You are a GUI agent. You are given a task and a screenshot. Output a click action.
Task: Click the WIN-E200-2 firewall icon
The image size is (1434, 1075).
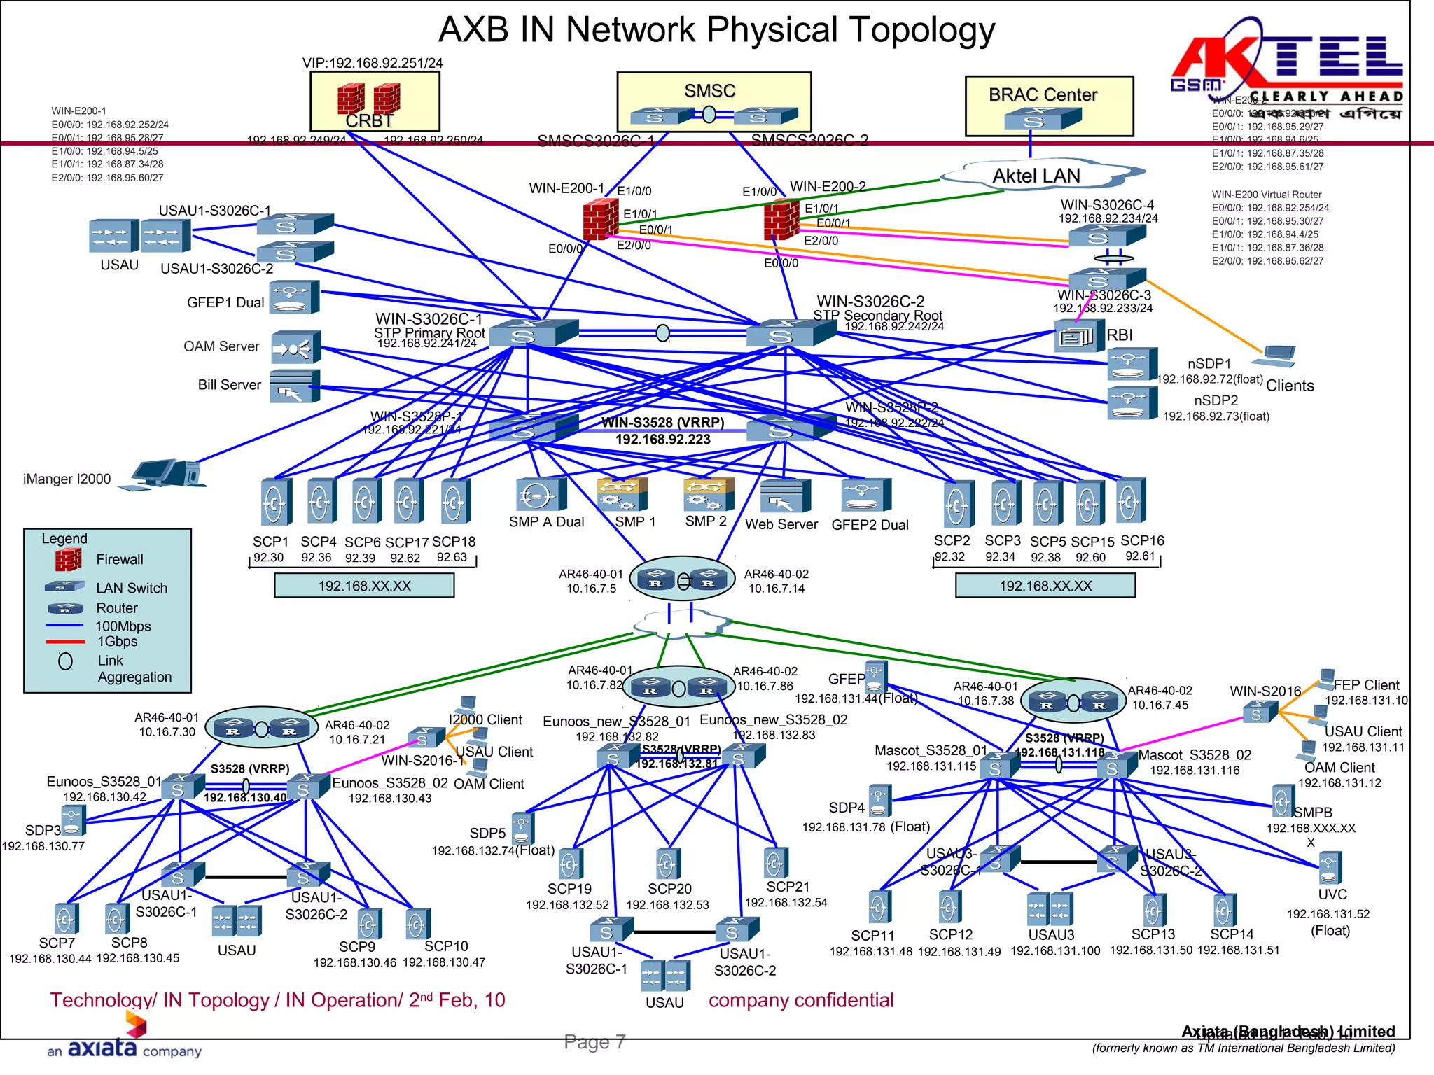(x=781, y=218)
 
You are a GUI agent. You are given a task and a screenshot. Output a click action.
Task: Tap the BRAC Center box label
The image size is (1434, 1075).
(x=1043, y=95)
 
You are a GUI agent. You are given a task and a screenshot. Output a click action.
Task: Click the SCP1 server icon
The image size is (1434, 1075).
(x=275, y=501)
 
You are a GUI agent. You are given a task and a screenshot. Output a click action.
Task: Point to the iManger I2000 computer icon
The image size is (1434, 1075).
(x=165, y=474)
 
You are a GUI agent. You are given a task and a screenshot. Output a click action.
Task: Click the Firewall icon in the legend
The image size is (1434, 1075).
(x=68, y=560)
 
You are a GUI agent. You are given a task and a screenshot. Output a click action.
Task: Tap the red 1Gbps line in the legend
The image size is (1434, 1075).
(x=65, y=642)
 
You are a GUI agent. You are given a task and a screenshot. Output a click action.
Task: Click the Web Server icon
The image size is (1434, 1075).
(x=784, y=496)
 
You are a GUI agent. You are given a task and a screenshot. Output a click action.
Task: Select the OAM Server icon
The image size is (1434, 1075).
(x=295, y=347)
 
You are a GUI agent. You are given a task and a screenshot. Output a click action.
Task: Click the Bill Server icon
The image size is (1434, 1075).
(x=295, y=386)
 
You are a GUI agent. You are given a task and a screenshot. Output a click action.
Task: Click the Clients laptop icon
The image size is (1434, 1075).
(x=1274, y=356)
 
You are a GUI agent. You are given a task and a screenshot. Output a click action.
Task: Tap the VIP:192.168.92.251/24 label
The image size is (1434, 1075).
(x=373, y=63)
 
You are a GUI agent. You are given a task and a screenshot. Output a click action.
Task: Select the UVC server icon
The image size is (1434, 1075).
(x=1330, y=868)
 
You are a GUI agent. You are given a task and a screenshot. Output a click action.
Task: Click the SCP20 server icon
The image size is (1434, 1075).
(x=667, y=864)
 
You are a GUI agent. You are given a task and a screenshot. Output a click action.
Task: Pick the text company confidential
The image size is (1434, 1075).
(x=801, y=1000)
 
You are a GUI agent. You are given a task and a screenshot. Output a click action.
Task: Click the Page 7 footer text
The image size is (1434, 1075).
(x=594, y=1042)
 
